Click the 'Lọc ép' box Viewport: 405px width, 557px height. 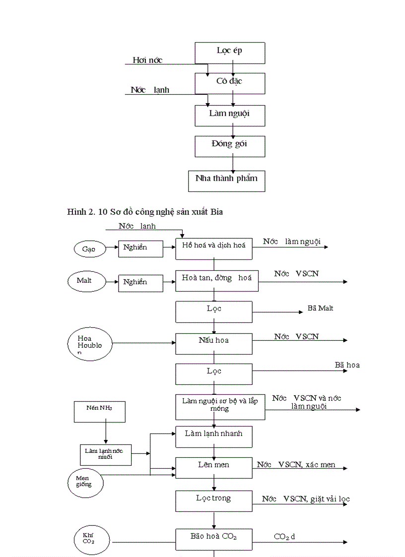(229, 52)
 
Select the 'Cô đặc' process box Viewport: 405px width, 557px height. (229, 82)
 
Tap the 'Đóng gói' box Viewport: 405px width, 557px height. (229, 145)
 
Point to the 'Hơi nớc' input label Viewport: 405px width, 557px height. (147, 61)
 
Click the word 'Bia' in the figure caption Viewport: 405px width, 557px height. (217, 212)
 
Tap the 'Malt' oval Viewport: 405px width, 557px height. (85, 281)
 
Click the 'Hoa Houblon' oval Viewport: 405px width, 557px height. (89, 342)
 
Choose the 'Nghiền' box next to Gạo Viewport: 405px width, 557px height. (140, 248)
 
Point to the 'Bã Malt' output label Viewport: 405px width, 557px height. (320, 309)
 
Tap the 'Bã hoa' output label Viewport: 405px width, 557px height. (347, 365)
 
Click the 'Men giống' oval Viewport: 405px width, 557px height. (87, 481)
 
